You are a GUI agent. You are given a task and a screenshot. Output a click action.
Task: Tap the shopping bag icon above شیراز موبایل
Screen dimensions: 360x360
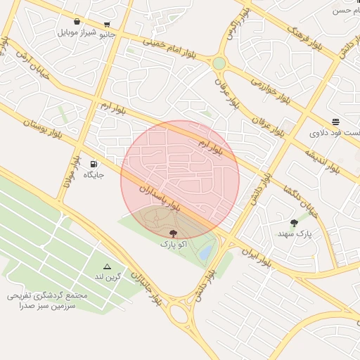77,22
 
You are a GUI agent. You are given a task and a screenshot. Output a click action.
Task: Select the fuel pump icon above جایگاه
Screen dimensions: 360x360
94,164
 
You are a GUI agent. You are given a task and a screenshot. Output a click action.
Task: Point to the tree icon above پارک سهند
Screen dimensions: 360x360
294,223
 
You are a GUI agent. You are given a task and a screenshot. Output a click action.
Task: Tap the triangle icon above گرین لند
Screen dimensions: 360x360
107,266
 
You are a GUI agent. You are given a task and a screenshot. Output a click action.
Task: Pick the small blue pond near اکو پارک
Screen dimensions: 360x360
205,251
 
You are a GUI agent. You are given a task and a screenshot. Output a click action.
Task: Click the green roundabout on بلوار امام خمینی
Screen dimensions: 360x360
219,63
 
